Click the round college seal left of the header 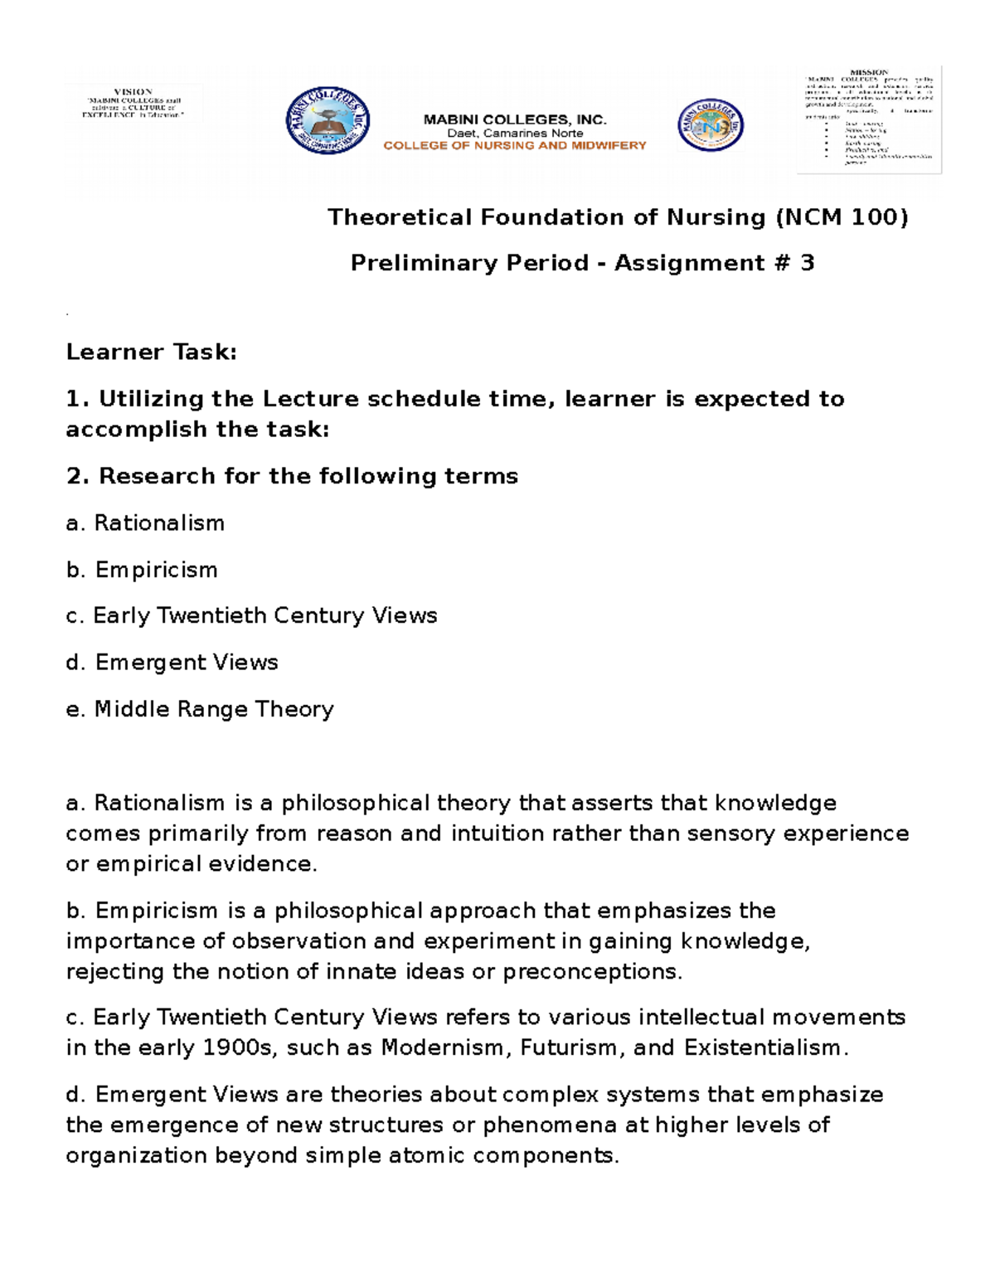[x=328, y=122]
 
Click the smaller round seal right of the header [x=711, y=125]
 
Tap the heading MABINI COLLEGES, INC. [x=515, y=119]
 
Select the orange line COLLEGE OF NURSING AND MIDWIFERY [x=514, y=145]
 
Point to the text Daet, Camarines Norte [x=515, y=133]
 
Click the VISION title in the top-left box [x=133, y=91]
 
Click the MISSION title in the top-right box [x=868, y=72]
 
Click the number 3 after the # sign [x=807, y=263]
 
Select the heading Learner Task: [x=151, y=352]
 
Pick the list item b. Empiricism [x=142, y=570]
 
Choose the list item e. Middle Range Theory [x=200, y=709]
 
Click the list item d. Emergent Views [x=172, y=662]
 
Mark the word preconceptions [x=591, y=971]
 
